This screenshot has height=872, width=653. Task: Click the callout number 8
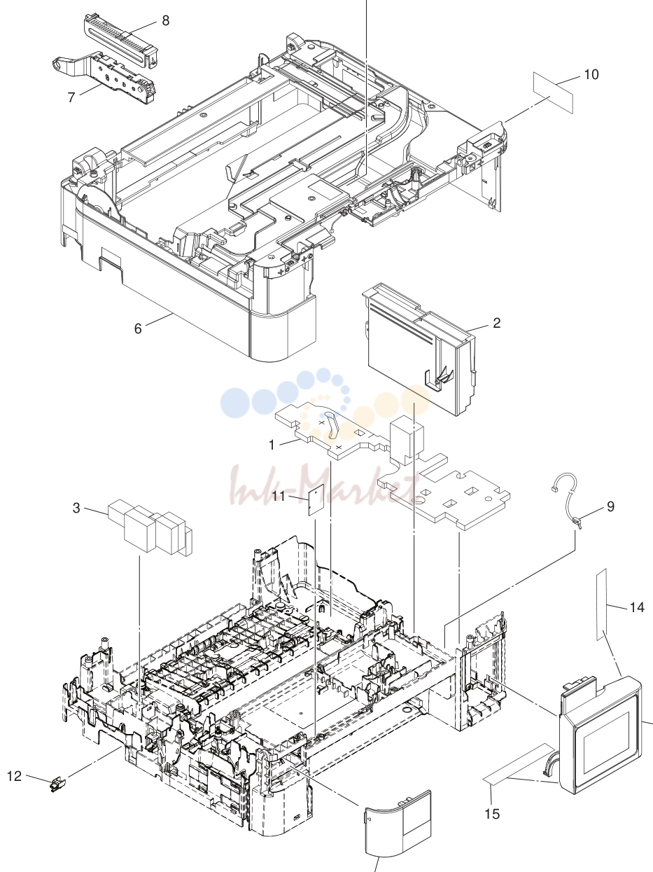coord(166,20)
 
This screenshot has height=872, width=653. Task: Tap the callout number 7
coord(71,97)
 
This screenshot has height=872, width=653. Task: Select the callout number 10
coord(591,74)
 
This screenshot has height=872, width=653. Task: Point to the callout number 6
coord(138,328)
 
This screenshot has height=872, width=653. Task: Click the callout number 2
coord(497,323)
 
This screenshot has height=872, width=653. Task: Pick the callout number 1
coord(272,445)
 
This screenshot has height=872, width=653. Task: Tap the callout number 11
coord(279,496)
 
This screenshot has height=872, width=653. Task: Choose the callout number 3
coord(76,508)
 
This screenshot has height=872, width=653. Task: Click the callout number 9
coord(610,506)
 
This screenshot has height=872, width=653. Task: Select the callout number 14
coord(637,607)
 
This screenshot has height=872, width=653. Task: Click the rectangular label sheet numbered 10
coord(554,92)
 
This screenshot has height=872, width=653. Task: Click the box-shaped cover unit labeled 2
coord(419,349)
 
